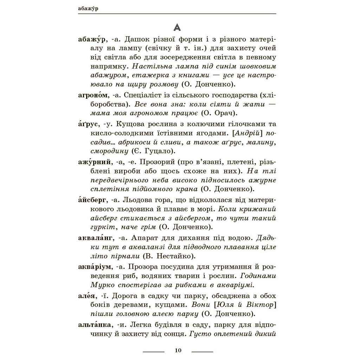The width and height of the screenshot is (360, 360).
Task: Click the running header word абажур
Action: coord(88,9)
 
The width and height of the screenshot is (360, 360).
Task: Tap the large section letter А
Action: coord(177,27)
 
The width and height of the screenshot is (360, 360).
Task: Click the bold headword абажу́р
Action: coord(93,39)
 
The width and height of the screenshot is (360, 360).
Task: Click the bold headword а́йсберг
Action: coord(92,200)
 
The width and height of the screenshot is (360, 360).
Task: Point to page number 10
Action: coord(178,351)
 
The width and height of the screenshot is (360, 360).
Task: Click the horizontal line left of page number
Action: coord(154,351)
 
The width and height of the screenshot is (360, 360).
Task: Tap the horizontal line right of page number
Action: coord(202,351)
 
